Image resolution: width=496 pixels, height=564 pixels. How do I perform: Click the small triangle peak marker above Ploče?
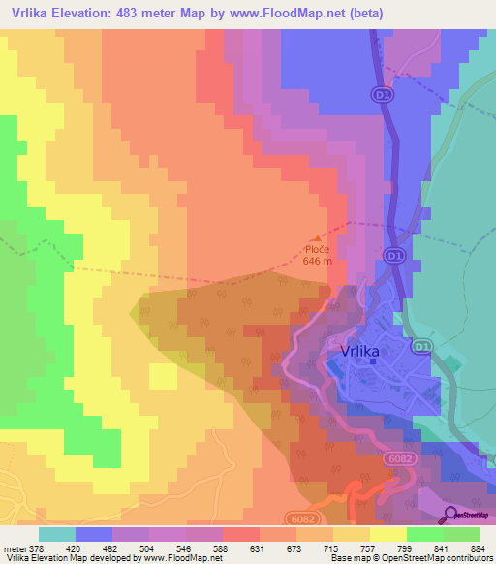pos(319,235)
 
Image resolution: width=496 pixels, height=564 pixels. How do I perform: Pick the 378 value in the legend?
pos(39,548)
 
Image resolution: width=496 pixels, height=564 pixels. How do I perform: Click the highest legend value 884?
pos(480,548)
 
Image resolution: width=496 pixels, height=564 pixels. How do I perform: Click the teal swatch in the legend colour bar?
pos(57,534)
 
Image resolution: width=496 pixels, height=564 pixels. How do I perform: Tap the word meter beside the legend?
pos(15,548)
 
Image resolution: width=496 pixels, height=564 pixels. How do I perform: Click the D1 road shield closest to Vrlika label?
pos(420,347)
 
